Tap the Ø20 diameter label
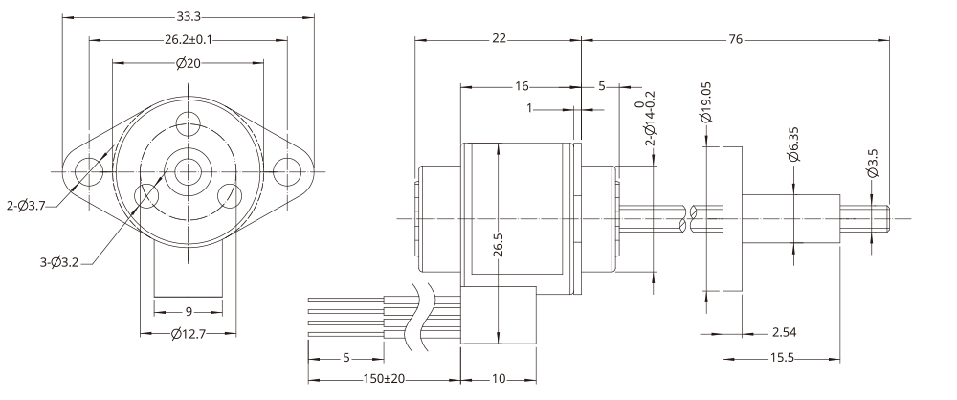[188, 64]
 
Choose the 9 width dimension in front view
[188, 311]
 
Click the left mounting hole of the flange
[90, 171]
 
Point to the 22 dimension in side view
[498, 39]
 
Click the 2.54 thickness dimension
[788, 333]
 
